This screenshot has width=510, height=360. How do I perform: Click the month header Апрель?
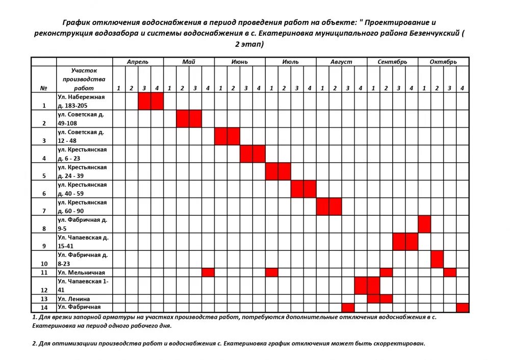(x=138, y=62)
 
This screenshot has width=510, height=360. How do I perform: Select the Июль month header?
(x=290, y=62)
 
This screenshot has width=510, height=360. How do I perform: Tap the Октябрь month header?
(x=443, y=62)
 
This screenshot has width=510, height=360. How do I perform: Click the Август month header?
(x=341, y=62)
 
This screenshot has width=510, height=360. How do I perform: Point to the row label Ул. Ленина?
(x=74, y=298)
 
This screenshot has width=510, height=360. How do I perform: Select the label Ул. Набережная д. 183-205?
(x=81, y=101)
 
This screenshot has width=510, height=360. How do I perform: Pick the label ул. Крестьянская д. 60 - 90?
(x=82, y=207)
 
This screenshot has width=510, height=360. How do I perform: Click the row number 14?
(x=44, y=307)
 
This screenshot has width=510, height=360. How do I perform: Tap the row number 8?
(x=44, y=228)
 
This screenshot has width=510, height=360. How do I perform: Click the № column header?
(x=44, y=88)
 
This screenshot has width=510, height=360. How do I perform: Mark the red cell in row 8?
(x=424, y=224)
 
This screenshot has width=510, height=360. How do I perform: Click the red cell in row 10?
(x=437, y=259)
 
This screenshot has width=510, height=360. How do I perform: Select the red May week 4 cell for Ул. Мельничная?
(x=208, y=272)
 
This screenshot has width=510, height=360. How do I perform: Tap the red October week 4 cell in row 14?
(x=463, y=307)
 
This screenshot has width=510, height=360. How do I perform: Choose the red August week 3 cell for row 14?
(x=348, y=307)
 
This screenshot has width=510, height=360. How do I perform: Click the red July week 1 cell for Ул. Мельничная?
(x=272, y=272)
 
